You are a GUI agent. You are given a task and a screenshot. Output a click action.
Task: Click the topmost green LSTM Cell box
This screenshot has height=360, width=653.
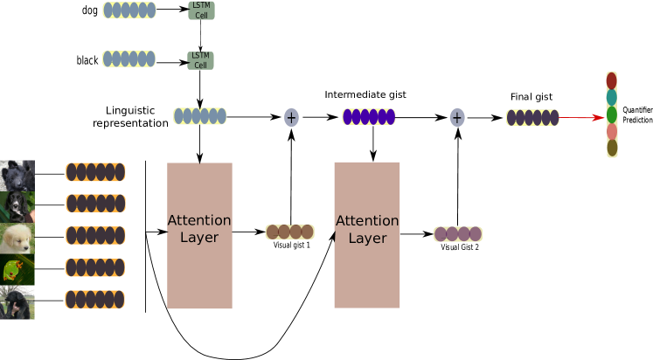tap(200, 10)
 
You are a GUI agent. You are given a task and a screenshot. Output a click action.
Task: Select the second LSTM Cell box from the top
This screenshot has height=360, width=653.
tap(200, 60)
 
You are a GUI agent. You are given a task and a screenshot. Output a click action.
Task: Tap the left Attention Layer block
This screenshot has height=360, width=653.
tap(199, 235)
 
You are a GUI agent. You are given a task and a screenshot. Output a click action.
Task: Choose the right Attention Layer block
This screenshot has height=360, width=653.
tap(366, 235)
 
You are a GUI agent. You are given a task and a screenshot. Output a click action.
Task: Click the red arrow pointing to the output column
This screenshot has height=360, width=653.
tap(581, 117)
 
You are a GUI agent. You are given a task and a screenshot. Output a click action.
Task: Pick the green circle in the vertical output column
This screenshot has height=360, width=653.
tap(612, 115)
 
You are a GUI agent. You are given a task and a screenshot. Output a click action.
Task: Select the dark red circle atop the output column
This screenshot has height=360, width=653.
tap(612, 81)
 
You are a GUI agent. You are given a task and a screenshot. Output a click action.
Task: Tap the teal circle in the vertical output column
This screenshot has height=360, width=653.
tap(612, 98)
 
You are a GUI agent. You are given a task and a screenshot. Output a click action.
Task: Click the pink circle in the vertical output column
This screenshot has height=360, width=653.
tap(612, 132)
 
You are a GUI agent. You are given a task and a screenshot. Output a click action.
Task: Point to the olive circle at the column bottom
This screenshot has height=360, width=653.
tap(612, 149)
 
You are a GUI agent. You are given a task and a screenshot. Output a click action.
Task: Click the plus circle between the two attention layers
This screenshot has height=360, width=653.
tap(291, 117)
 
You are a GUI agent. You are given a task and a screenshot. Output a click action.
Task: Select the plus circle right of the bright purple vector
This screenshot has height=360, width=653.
tap(457, 117)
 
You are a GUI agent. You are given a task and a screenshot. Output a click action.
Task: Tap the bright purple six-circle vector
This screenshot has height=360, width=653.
tap(369, 117)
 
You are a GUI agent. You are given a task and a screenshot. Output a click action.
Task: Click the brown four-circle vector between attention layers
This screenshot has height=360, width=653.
tap(289, 232)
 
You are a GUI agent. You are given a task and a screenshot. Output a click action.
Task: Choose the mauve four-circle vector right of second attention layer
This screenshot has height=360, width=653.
tap(458, 234)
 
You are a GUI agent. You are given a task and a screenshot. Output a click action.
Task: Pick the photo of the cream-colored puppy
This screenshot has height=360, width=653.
tap(17, 238)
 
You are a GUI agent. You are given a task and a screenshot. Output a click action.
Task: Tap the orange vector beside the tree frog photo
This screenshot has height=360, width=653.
tap(95, 267)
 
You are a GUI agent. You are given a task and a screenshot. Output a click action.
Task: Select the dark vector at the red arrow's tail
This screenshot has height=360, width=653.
tap(532, 117)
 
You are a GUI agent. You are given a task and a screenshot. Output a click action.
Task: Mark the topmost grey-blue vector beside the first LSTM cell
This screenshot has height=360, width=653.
tap(129, 10)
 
